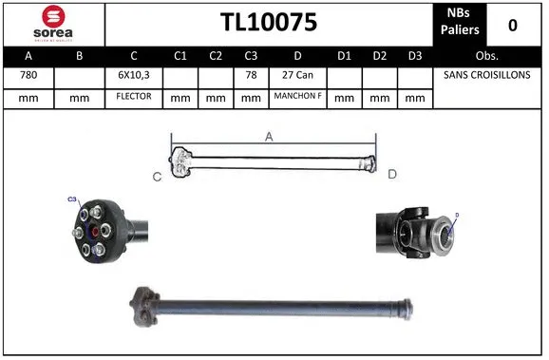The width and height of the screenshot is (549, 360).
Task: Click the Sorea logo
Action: pyautogui.click(x=53, y=23)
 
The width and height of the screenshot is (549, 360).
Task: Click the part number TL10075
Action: pyautogui.click(x=269, y=22)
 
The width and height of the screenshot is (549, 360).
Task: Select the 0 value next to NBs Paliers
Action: pyautogui.click(x=514, y=24)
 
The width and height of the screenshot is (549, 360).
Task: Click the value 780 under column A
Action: pyautogui.click(x=29, y=75)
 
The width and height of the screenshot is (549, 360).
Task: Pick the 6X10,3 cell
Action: pyautogui.click(x=134, y=75)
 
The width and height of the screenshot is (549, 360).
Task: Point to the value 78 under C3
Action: pyautogui.click(x=251, y=75)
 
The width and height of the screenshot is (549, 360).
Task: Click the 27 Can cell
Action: pyautogui.click(x=298, y=75)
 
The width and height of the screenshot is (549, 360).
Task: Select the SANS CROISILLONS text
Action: pyautogui.click(x=486, y=75)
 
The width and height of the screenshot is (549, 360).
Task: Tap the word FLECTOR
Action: pyautogui.click(x=134, y=97)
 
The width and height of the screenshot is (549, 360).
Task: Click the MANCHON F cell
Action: pyautogui.click(x=298, y=97)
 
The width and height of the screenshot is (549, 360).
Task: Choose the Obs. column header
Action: pyautogui.click(x=486, y=55)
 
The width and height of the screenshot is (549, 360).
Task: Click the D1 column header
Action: pyautogui.click(x=347, y=55)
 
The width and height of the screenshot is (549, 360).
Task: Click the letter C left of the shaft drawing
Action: pyautogui.click(x=158, y=176)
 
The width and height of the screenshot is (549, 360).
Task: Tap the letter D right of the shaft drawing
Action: pyautogui.click(x=391, y=174)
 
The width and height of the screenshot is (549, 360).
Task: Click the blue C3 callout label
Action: pyautogui.click(x=71, y=199)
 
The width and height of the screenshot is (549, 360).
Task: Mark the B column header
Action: pyautogui.click(x=80, y=55)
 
